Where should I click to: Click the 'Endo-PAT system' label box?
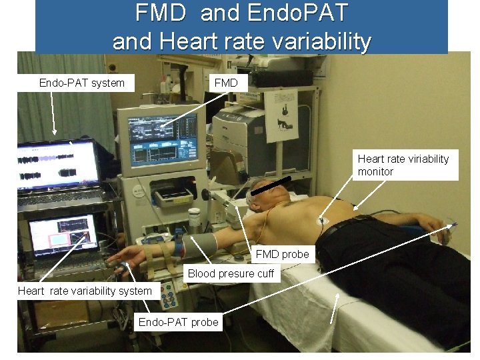[82, 83]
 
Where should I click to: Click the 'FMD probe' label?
[283, 254]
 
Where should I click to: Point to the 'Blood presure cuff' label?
[231, 273]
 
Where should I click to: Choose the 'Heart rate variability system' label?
[85, 291]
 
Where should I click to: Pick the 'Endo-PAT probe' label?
[178, 323]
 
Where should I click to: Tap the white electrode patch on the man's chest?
[323, 221]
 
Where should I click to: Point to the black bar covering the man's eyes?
[271, 187]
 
